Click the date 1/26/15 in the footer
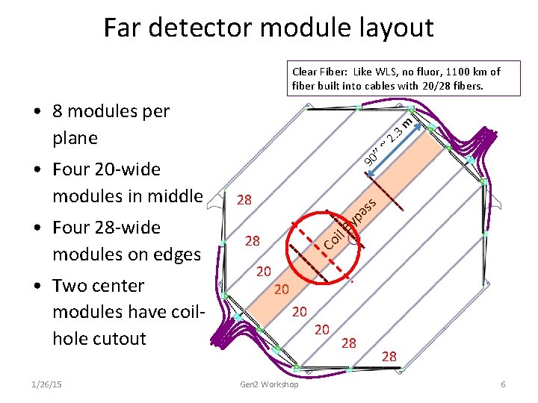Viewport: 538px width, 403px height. [48, 384]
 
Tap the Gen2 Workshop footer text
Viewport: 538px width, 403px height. [269, 384]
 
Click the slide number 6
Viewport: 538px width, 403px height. [504, 384]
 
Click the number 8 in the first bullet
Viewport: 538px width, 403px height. [59, 112]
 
